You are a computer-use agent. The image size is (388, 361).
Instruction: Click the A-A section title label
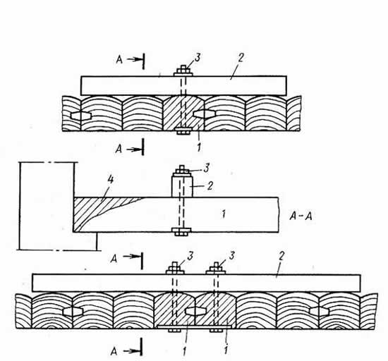[301, 216]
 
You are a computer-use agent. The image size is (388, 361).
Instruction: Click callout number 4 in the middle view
[110, 180]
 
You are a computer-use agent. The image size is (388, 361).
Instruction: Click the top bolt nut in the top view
[183, 71]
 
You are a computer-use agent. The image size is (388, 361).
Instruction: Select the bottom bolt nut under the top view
[183, 131]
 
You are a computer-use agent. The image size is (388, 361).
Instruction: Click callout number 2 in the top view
[241, 57]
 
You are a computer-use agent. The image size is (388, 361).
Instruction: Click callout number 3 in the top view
[198, 58]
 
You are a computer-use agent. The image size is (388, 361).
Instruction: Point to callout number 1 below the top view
[199, 147]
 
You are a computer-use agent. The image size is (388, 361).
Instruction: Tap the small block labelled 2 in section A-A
[182, 186]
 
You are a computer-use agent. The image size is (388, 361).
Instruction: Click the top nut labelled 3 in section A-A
[182, 170]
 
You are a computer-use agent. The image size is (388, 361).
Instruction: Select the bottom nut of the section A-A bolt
[181, 232]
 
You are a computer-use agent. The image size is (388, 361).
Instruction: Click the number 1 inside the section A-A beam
[224, 214]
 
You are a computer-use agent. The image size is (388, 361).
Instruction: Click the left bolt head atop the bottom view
[175, 269]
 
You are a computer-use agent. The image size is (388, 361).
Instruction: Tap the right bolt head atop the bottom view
[216, 269]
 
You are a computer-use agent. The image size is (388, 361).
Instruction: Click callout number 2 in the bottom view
[281, 257]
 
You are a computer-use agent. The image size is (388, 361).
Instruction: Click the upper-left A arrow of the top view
[131, 60]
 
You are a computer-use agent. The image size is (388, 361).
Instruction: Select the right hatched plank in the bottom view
[216, 310]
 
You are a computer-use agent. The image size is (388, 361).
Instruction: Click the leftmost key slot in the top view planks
[81, 115]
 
